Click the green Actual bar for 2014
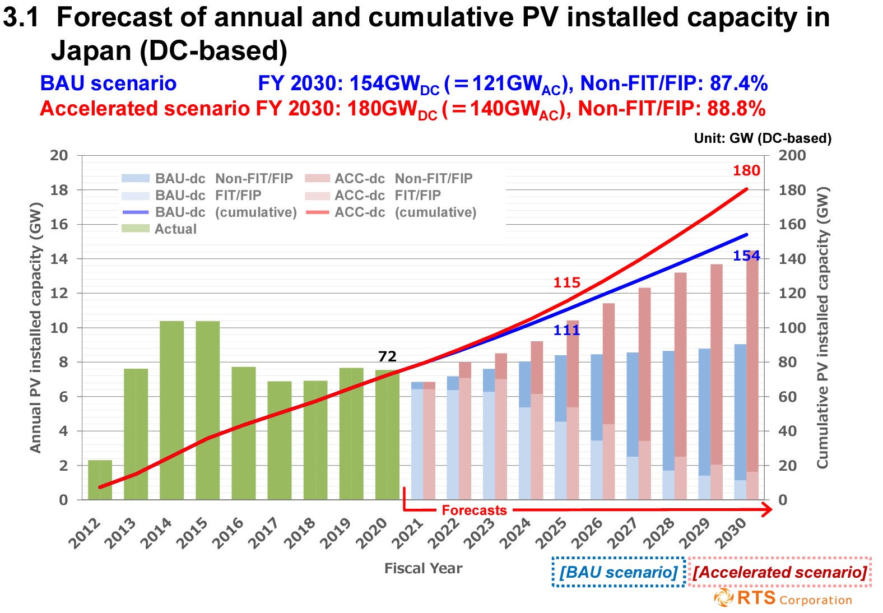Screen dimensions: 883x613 (x=172, y=410)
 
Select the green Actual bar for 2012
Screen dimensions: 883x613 (x=100, y=480)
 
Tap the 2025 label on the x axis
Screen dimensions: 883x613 (x=551, y=533)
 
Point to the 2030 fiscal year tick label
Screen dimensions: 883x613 (x=731, y=533)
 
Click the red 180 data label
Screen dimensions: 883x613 (x=746, y=171)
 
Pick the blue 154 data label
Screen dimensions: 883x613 (x=746, y=256)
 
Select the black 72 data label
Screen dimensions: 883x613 (x=387, y=356)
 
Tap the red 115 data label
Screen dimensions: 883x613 (x=567, y=282)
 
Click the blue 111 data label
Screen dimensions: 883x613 (x=567, y=330)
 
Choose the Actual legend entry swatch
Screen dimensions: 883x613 (x=136, y=228)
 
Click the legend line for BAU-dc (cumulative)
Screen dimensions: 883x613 (x=136, y=212)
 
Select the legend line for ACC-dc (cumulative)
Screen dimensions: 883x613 (x=317, y=212)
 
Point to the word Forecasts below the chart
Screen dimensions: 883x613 (x=474, y=510)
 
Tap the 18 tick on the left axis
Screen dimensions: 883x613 (x=59, y=190)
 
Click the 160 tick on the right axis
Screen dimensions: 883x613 (x=792, y=224)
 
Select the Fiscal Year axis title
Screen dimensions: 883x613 (x=424, y=568)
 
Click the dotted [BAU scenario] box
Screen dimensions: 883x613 (x=619, y=572)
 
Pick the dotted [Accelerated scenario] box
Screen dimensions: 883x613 (x=780, y=572)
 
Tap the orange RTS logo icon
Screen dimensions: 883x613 (x=724, y=598)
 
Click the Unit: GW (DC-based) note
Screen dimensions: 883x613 (x=763, y=138)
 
